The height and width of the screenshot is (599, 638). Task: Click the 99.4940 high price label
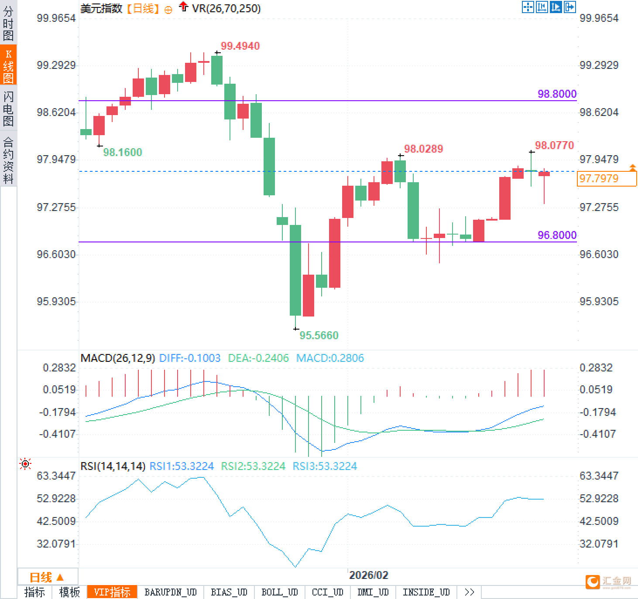pos(240,46)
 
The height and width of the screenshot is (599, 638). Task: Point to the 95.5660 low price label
pos(319,335)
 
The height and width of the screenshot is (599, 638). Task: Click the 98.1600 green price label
pos(123,152)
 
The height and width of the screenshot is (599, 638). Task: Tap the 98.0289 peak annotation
pos(423,149)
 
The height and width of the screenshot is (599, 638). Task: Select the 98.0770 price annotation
pos(554,145)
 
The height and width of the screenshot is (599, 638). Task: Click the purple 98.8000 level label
pos(557,94)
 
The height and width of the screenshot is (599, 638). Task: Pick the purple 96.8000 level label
pos(557,235)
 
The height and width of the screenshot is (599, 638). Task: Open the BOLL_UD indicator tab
pos(279,592)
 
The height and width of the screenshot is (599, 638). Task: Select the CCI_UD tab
pos(327,592)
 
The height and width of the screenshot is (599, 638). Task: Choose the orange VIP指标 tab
pos(112,592)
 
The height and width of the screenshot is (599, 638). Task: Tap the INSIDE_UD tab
pos(426,592)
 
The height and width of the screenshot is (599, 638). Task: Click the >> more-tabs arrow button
pos(469,592)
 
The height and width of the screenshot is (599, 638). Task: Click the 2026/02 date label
pos(368,575)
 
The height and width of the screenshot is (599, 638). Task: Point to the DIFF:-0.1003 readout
pos(190,358)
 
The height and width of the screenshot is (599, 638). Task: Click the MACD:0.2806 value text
pos(330,358)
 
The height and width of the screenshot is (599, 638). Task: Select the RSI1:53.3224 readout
pos(182,466)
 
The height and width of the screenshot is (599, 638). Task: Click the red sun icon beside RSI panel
pos(25,464)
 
